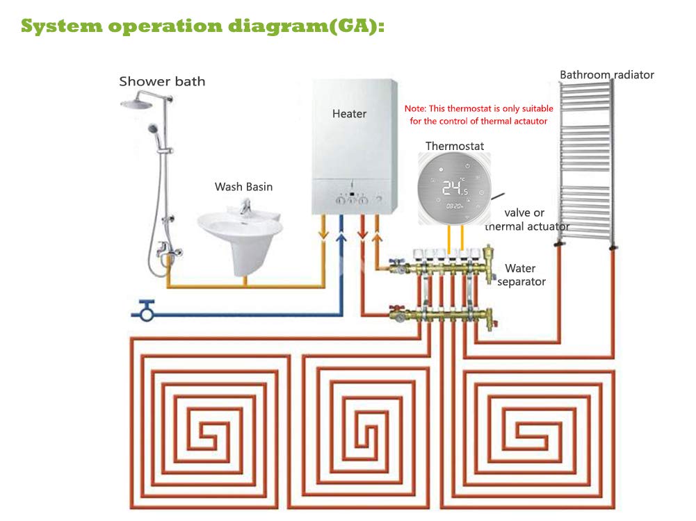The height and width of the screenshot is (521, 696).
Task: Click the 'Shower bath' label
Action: [162, 81]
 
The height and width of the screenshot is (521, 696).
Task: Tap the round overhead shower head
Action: [136, 104]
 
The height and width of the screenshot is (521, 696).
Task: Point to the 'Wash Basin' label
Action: [243, 187]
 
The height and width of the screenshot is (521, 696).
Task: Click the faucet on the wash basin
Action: [245, 206]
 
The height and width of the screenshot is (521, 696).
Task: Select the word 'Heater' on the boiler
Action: [349, 114]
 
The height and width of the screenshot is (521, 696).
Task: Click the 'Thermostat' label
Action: [455, 146]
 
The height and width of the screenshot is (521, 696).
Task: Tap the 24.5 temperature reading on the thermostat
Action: [455, 188]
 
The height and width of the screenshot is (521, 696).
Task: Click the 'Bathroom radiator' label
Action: [607, 74]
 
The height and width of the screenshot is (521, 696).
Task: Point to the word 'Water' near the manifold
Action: [520, 268]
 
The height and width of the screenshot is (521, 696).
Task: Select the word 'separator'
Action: [521, 282]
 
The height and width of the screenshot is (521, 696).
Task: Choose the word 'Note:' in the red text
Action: [415, 108]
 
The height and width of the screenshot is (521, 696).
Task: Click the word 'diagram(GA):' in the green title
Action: [307, 26]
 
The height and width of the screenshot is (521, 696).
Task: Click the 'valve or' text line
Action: [524, 213]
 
